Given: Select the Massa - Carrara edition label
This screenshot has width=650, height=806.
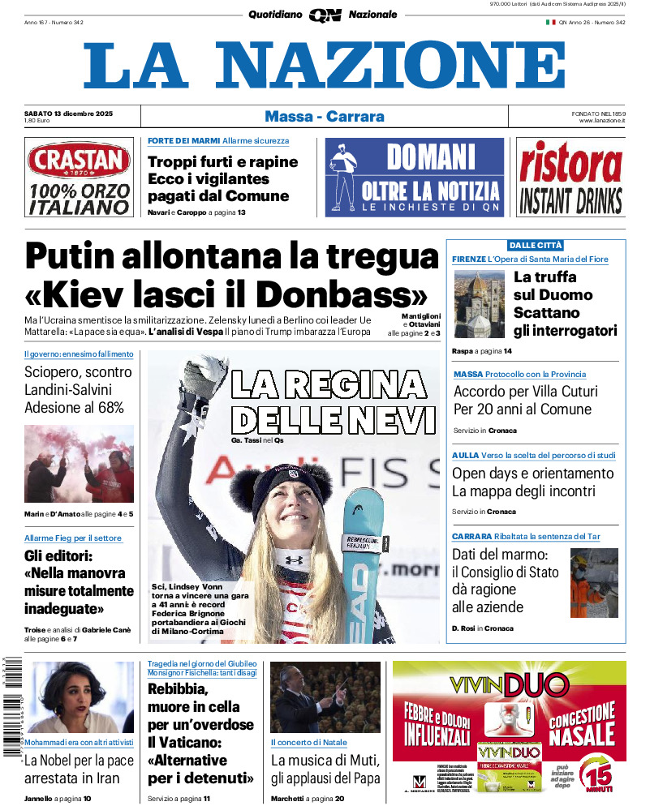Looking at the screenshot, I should click(325, 117).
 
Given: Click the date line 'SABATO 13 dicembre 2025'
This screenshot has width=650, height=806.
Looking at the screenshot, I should click(68, 114).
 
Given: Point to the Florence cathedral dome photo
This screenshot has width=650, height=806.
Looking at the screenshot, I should click(479, 304).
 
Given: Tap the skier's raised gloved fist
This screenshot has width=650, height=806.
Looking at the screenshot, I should click(206, 375).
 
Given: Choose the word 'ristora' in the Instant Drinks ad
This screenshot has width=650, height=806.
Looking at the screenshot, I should click(570, 163).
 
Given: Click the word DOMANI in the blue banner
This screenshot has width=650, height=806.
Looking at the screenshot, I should click(430, 156).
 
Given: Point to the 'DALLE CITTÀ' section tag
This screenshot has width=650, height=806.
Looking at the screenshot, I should click(536, 245).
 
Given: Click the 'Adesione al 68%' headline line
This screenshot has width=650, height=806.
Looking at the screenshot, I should click(74, 408).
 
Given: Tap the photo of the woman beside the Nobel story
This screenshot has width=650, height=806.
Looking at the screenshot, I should click(79, 697).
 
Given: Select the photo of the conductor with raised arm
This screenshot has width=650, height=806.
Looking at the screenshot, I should click(325, 697).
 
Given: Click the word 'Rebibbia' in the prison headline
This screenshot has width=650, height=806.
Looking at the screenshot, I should click(178, 690).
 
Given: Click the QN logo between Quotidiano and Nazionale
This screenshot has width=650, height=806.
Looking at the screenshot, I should click(325, 15).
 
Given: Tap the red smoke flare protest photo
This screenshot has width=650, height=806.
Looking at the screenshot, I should click(79, 464).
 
